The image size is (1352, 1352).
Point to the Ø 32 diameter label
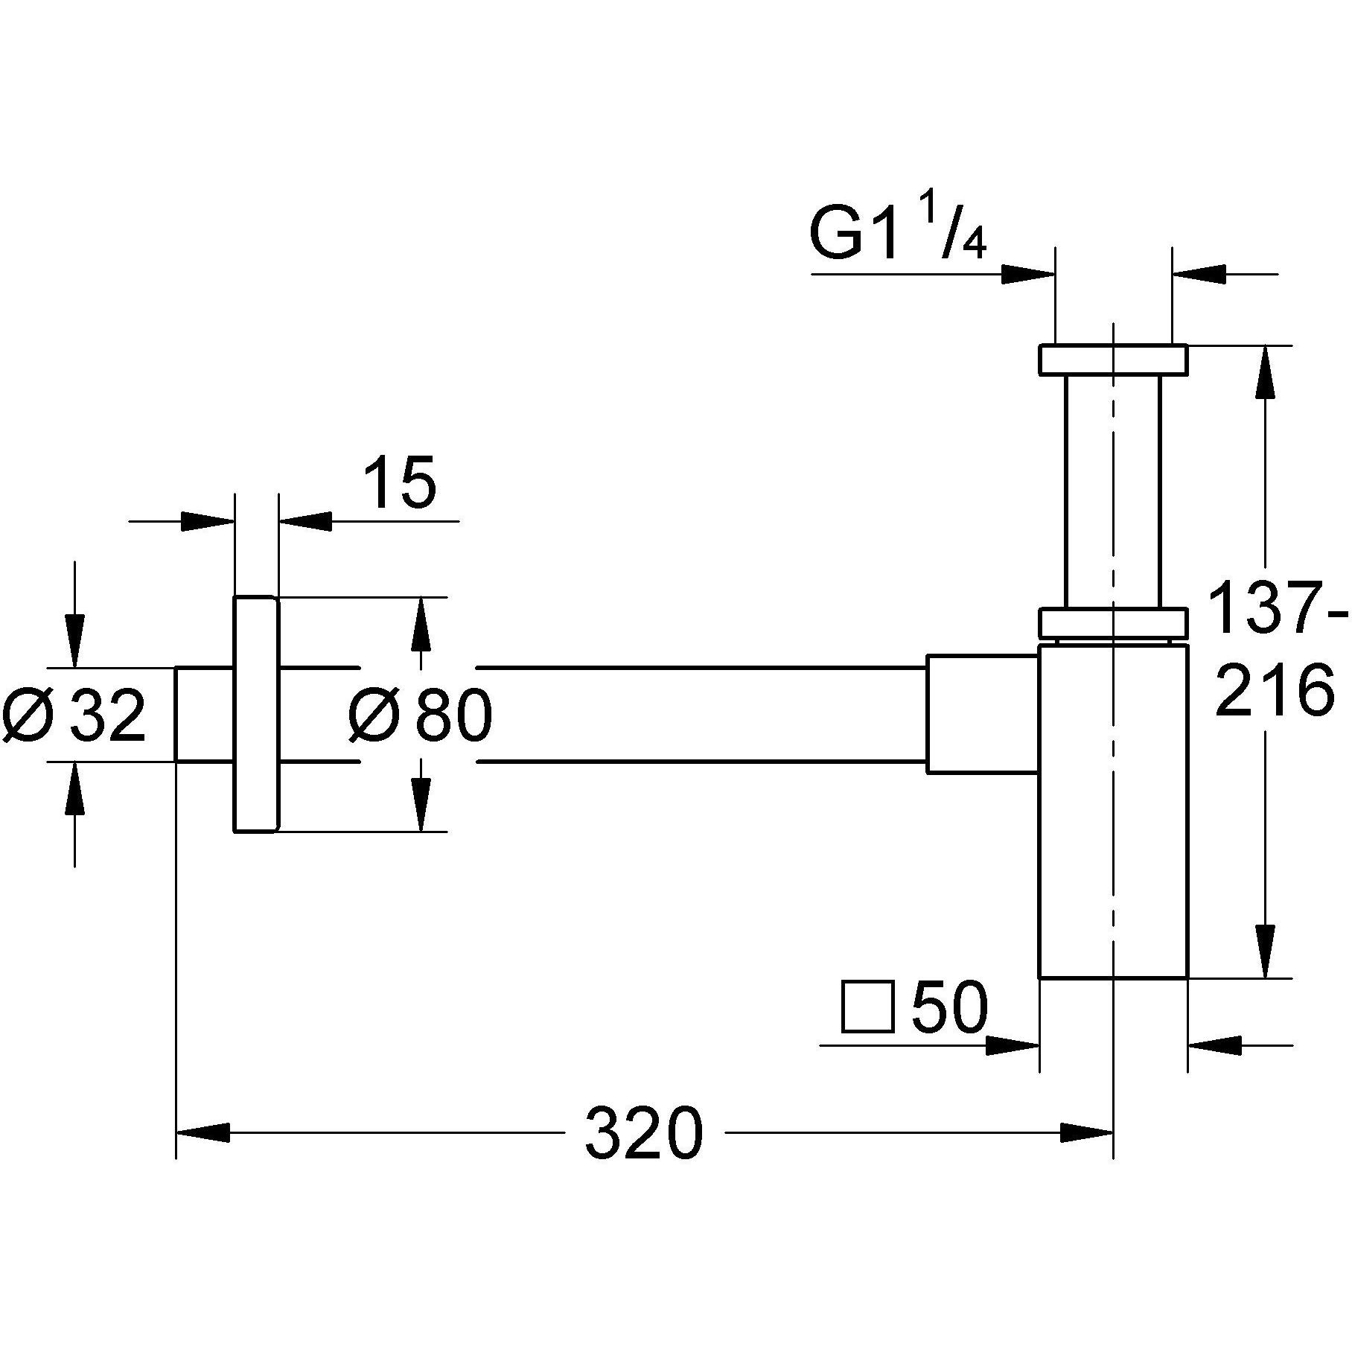click(74, 715)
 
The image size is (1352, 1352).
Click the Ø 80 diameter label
click(420, 715)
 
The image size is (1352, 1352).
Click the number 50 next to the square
click(949, 1008)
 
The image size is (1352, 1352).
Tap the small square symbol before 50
click(867, 1007)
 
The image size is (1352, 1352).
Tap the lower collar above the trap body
click(1112, 623)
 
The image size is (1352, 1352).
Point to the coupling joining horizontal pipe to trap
click(982, 714)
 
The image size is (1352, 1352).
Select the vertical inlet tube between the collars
click(1112, 491)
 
